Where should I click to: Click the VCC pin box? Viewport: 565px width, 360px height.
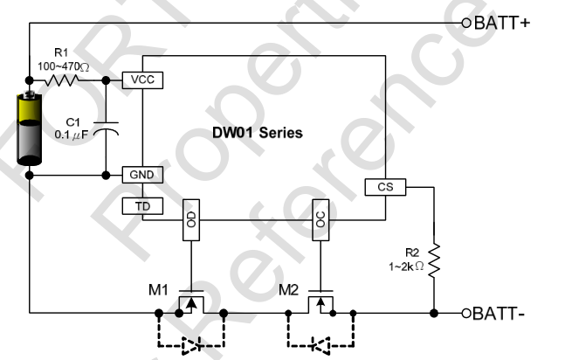click(x=141, y=80)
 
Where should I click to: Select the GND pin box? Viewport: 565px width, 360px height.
click(x=141, y=175)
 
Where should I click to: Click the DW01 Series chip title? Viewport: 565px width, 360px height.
click(x=258, y=134)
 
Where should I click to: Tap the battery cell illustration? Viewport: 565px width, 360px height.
click(x=30, y=128)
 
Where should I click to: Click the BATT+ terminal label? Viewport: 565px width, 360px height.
click(x=501, y=22)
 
